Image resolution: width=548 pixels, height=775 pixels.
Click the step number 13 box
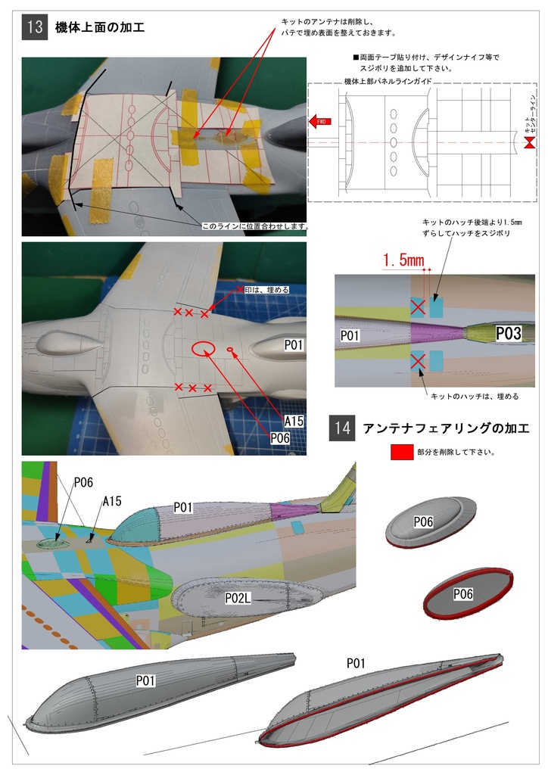pos(35,28)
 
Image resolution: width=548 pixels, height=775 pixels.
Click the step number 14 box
pos(342,428)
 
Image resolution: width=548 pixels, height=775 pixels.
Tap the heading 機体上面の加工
pos(100,29)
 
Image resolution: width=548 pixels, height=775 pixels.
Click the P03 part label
pos(509,333)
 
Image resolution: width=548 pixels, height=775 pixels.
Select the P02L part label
pos(238,598)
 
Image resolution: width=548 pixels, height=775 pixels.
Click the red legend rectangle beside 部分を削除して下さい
pos(401,452)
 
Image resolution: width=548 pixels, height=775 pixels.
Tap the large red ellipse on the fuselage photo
pos(203,347)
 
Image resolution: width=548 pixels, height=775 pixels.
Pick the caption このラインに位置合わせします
pos(256,226)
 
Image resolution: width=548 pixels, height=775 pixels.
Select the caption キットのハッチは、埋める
pos(474,397)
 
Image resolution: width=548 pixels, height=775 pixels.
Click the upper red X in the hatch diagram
pos(417,306)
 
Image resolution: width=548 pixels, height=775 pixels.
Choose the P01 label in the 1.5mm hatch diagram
pos(350,335)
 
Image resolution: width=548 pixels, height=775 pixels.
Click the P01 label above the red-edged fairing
pos(356,663)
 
